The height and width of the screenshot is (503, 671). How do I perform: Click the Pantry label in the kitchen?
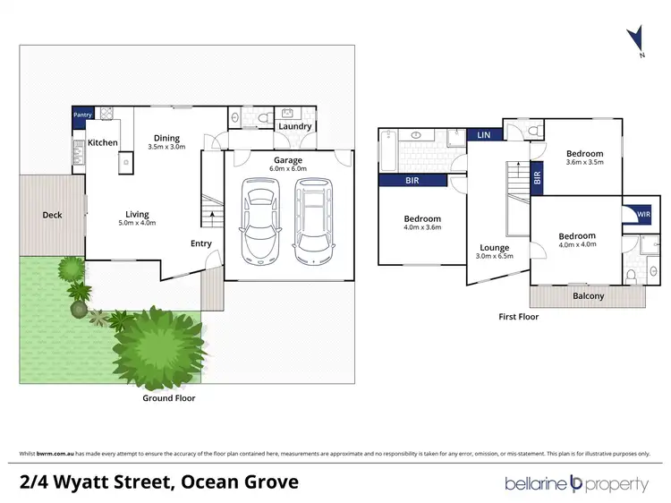(83, 115)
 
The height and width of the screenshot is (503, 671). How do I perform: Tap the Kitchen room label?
(102, 143)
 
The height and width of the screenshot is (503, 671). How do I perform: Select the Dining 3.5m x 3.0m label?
(166, 141)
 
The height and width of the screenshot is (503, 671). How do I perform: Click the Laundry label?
(294, 126)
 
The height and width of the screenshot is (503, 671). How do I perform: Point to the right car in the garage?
(313, 217)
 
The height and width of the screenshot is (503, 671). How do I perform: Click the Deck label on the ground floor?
(51, 215)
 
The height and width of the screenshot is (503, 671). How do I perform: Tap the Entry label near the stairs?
(201, 243)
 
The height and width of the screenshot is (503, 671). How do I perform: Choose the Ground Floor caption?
(170, 397)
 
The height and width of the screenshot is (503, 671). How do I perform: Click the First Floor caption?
(518, 316)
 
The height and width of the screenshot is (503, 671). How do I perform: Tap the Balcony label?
(588, 296)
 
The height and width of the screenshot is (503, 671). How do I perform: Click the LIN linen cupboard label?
(483, 135)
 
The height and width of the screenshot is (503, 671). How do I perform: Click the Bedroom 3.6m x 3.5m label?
(585, 158)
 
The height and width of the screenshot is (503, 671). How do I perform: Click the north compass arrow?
(636, 39)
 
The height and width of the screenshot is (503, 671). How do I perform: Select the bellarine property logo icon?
(576, 484)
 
